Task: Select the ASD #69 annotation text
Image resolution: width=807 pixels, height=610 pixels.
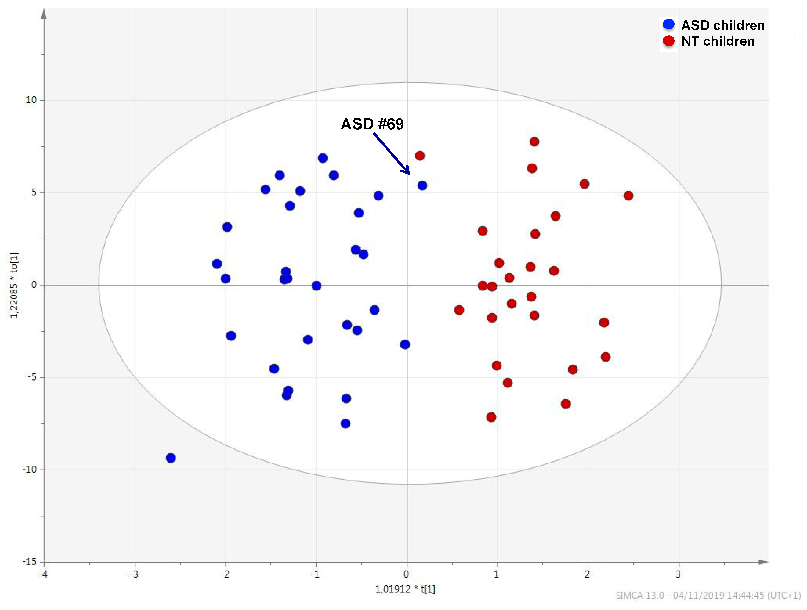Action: pyautogui.click(x=372, y=124)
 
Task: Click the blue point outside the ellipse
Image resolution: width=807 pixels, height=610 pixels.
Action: pyautogui.click(x=170, y=458)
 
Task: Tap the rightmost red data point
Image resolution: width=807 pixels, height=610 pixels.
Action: pyautogui.click(x=628, y=196)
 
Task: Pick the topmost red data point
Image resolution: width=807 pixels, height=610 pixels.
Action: pyautogui.click(x=534, y=141)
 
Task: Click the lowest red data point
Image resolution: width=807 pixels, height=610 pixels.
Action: pyautogui.click(x=491, y=417)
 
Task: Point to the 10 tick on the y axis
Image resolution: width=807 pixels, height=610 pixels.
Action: pyautogui.click(x=31, y=100)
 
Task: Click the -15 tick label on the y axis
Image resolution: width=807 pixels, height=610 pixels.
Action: pyautogui.click(x=29, y=561)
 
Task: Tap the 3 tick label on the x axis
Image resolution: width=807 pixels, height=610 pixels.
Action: pyautogui.click(x=678, y=574)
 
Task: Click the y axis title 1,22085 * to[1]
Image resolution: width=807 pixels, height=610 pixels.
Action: pyautogui.click(x=14, y=285)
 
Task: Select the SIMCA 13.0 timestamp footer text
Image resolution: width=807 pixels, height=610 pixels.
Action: pyautogui.click(x=708, y=595)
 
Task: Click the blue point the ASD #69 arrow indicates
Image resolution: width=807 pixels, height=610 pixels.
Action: pyautogui.click(x=422, y=186)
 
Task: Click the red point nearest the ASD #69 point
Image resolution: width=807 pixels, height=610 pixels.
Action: pyautogui.click(x=420, y=156)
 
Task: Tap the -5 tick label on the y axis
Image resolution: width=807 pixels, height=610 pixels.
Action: pyautogui.click(x=31, y=377)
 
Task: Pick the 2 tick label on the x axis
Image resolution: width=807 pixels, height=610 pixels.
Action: pyautogui.click(x=587, y=574)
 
